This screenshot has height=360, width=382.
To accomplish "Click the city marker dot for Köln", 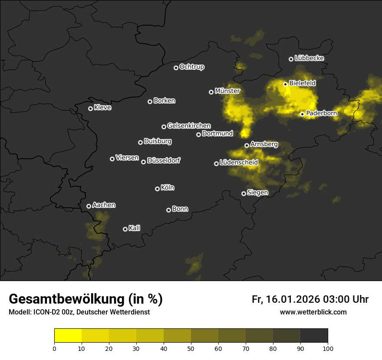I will [x=157, y=189].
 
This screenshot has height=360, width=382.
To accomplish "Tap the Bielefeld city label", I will [x=302, y=83].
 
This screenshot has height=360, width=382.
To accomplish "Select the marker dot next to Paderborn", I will [x=303, y=114].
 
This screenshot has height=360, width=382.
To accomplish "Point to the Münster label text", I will [x=227, y=91].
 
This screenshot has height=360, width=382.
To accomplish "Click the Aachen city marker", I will [x=89, y=206].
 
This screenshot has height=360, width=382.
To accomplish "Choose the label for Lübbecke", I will [x=309, y=58].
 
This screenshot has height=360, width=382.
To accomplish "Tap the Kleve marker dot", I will [x=90, y=108].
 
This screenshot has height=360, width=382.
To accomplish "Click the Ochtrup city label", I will [x=191, y=67].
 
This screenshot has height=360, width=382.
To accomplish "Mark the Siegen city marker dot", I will [x=244, y=193].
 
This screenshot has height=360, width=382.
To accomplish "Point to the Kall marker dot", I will [x=125, y=229].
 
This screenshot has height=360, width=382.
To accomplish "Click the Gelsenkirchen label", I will [x=189, y=126].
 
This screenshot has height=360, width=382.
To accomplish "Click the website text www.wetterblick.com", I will [x=313, y=312].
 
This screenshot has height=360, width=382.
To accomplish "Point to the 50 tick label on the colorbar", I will [x=191, y=348].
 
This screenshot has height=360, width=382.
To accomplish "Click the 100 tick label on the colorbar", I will [x=328, y=348].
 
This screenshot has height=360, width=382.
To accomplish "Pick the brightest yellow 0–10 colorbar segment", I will [x=68, y=336].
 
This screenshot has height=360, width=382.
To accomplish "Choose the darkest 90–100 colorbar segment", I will [x=314, y=336].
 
